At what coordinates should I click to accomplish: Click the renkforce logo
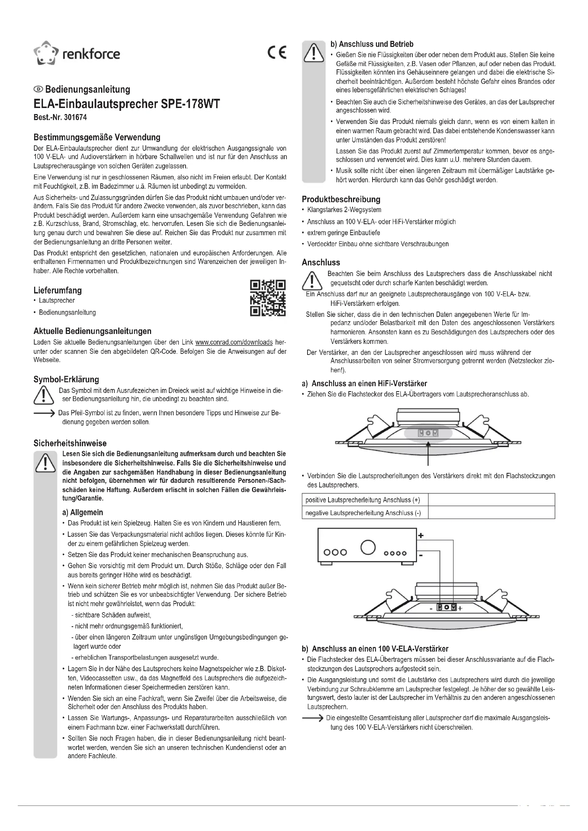click(x=76, y=54)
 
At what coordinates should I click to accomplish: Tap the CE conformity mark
click(x=277, y=53)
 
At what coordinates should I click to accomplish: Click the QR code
click(x=268, y=298)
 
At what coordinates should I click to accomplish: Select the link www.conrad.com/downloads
click(x=234, y=342)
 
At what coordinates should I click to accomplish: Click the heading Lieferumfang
click(x=58, y=290)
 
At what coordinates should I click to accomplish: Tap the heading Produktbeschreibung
click(x=341, y=199)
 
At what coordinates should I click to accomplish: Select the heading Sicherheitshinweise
click(x=70, y=443)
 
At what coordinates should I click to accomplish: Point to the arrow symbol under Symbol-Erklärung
click(x=44, y=413)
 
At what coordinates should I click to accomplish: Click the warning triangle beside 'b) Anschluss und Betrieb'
click(x=314, y=53)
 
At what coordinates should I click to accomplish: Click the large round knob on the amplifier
click(x=368, y=547)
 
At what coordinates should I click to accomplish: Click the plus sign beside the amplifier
click(x=421, y=535)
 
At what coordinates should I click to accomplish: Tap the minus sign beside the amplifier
click(x=421, y=554)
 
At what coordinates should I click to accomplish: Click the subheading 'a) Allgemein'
click(x=82, y=513)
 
